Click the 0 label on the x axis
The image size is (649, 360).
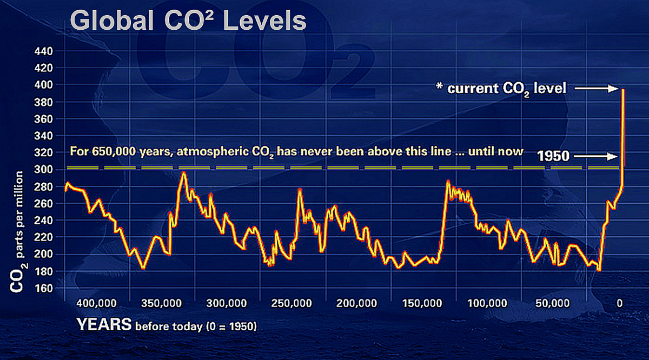(x=620, y=303)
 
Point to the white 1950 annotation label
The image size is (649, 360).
(x=553, y=157)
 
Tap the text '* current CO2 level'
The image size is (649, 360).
(x=501, y=88)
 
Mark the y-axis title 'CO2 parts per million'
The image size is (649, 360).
(x=16, y=232)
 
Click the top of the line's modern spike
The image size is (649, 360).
(x=623, y=90)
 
